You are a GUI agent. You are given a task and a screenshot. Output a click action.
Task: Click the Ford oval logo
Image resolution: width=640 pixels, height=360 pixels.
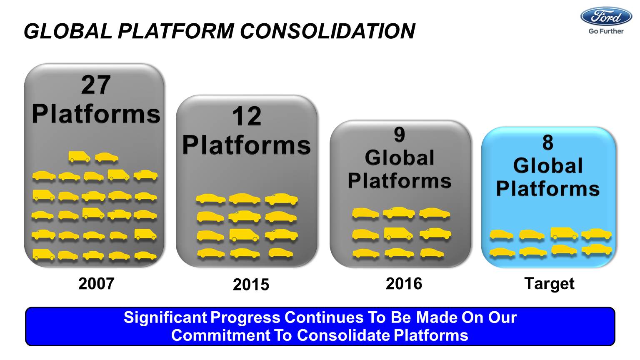point(606,17)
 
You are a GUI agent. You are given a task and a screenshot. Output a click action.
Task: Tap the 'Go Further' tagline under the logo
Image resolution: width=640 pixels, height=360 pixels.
point(606,31)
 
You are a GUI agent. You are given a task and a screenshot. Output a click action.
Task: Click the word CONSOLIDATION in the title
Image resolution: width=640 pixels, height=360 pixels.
point(327,31)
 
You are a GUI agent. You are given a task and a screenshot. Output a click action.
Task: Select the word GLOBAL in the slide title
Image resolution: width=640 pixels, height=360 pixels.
point(68,31)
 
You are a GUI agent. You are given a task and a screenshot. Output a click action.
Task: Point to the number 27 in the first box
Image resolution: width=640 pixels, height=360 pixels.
point(96,85)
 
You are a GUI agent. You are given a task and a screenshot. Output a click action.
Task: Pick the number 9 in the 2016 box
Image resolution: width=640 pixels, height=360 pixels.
point(400,135)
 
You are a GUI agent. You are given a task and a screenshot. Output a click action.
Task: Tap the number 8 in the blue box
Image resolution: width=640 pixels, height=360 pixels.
point(548,142)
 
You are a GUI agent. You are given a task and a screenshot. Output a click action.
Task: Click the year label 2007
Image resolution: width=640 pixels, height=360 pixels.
point(96,283)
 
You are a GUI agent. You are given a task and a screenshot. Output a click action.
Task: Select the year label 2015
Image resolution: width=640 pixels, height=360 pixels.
point(251,285)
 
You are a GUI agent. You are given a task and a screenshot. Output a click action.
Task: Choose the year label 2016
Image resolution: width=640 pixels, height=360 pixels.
point(404,283)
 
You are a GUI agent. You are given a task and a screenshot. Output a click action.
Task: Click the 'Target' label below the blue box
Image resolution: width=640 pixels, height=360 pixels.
point(549,284)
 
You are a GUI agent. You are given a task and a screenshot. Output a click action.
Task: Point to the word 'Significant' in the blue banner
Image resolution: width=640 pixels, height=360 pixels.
point(165,318)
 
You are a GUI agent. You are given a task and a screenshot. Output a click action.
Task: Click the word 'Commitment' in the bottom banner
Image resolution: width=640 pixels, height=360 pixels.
point(220,335)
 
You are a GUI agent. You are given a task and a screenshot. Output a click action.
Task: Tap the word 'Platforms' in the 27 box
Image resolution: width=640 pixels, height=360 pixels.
point(96,114)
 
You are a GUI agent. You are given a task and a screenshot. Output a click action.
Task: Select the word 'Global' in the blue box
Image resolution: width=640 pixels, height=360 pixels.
point(548,166)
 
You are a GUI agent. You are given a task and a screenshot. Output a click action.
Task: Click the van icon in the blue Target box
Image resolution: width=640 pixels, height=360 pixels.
point(564,233)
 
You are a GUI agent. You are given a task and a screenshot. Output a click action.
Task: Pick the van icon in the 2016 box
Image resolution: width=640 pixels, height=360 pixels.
point(398,234)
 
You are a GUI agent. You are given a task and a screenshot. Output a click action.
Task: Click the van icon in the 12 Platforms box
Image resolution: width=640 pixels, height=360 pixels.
point(244,235)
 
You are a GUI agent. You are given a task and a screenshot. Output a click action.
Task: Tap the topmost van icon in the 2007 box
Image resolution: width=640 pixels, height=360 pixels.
point(79,157)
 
